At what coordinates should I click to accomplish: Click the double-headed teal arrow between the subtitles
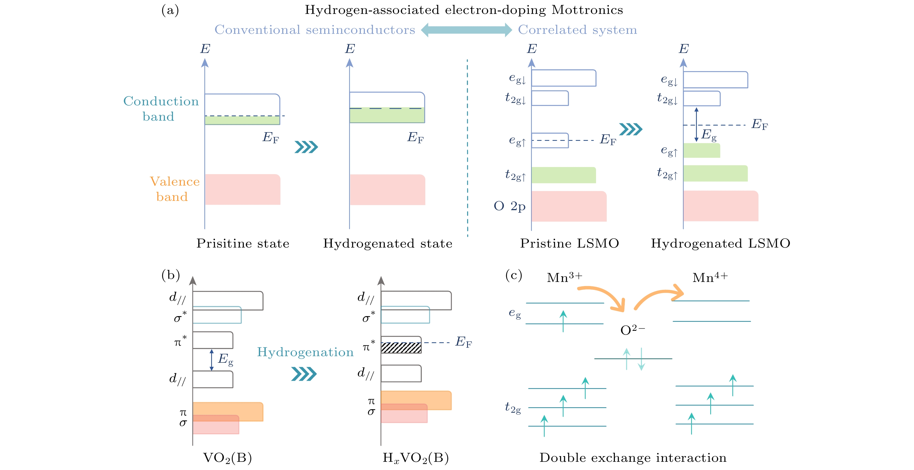[466, 30]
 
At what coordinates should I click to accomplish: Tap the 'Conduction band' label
[161, 108]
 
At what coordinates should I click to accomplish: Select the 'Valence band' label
[174, 189]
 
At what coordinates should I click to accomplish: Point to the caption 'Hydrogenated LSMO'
[720, 243]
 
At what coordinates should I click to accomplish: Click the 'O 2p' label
[509, 206]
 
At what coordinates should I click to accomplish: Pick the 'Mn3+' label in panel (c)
[564, 277]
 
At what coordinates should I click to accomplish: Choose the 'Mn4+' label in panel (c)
[710, 277]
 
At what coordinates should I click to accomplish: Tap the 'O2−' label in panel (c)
[632, 330]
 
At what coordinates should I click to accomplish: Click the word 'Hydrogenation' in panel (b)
[305, 352]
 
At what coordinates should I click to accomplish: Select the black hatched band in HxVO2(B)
[401, 348]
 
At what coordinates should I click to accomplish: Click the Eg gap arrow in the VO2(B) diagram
[211, 360]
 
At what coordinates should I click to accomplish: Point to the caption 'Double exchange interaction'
[633, 458]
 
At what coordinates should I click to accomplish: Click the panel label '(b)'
[170, 275]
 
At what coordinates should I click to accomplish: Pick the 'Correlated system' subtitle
[577, 30]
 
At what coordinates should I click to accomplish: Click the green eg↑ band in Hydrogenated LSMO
[701, 150]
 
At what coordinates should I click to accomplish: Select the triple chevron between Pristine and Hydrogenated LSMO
[630, 129]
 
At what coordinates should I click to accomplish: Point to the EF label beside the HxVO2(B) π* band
[463, 342]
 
